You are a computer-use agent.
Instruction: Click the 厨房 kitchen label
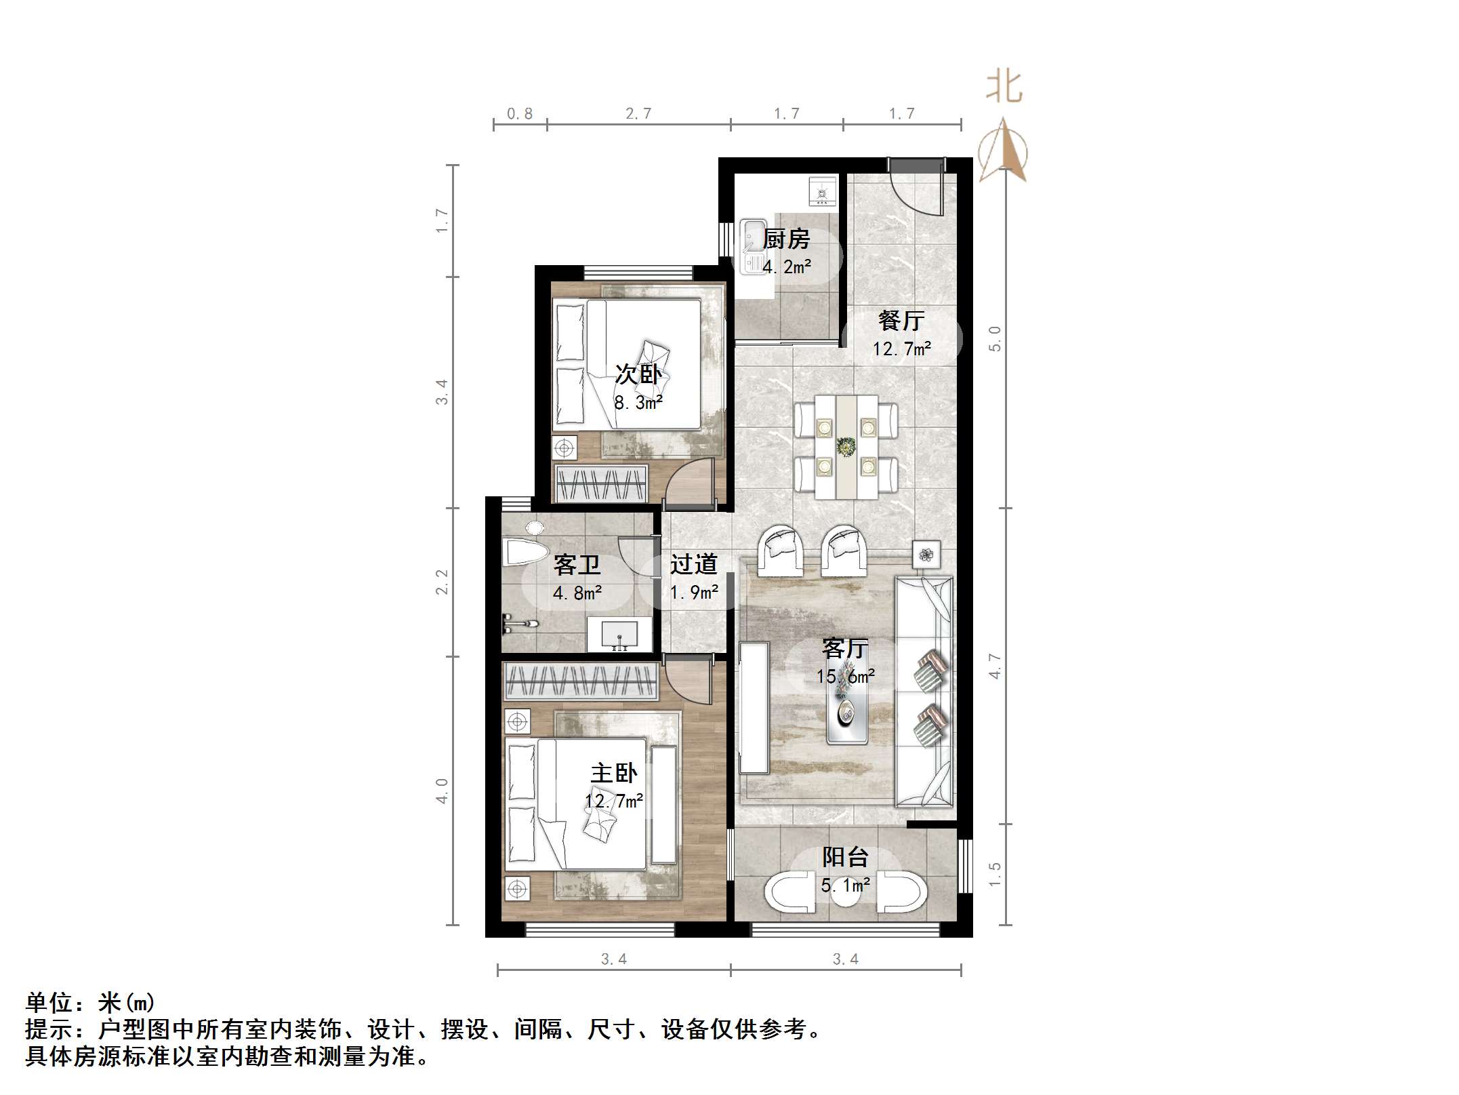786,239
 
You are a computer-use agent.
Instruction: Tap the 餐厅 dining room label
901,321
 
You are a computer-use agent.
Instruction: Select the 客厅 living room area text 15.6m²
845,676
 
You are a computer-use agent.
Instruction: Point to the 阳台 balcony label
845,858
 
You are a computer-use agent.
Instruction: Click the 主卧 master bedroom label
614,774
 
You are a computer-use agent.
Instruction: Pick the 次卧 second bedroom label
638,374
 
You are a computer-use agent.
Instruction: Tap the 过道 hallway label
693,564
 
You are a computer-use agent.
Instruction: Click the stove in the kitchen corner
823,191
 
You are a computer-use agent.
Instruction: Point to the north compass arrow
1004,150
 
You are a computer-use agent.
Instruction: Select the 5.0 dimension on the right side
994,338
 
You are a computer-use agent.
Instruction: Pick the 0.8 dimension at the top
520,114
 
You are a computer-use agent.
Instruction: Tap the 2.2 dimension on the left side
442,581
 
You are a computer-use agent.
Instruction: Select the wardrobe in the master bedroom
581,681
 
